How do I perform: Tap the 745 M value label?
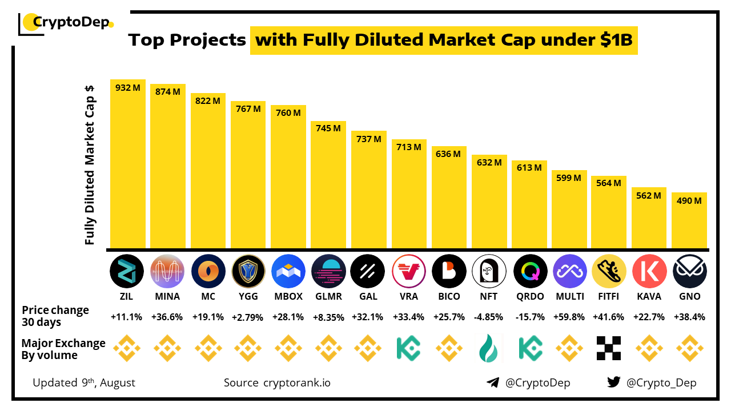coord(328,128)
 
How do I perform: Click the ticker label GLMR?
coord(328,297)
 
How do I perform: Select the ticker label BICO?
coord(449,297)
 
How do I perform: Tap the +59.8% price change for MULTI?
coord(569,316)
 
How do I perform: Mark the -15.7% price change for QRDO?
coord(529,316)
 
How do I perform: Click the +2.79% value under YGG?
coord(248,316)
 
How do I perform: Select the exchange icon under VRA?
coord(409,348)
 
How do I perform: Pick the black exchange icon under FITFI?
coord(609,348)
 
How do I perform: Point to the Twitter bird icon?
coord(613,382)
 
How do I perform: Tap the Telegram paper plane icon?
coord(492,382)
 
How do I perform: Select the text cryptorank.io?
coord(296,382)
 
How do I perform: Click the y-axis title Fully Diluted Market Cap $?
coord(90,164)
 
